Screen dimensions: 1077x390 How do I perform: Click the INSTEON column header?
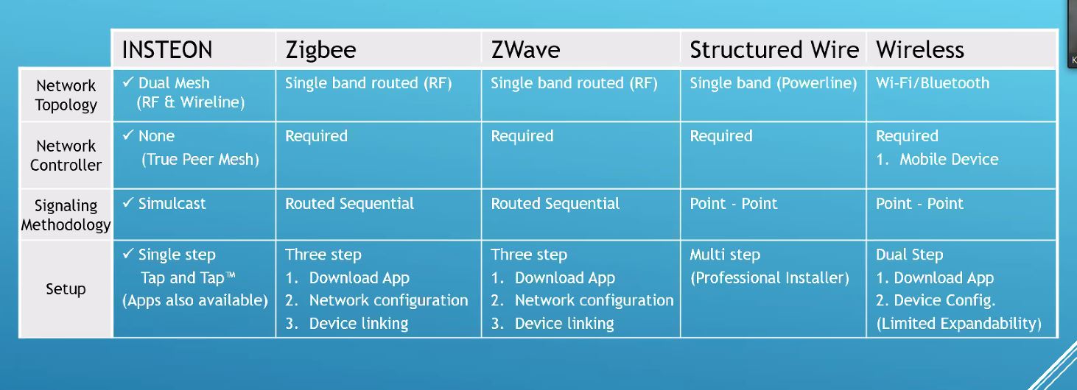(166, 50)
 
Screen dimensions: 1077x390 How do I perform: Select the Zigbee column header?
(320, 50)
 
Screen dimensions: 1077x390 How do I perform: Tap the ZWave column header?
(525, 50)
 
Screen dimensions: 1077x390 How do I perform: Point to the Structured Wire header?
(774, 50)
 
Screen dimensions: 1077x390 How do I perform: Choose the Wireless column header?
(920, 50)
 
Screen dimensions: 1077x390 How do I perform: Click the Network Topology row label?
(66, 95)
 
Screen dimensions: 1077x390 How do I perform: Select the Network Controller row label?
(66, 155)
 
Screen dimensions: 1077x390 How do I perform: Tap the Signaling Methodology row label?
(66, 215)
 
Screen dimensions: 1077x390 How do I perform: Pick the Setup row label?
(66, 289)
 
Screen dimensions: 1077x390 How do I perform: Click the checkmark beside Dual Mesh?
(128, 82)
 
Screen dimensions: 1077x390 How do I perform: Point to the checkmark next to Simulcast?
(128, 202)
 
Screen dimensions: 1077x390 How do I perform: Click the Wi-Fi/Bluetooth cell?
(933, 83)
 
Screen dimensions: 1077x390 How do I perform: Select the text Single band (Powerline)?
(773, 83)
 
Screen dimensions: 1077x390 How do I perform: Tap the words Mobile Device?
(949, 159)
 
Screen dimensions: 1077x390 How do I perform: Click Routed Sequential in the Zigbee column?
(349, 204)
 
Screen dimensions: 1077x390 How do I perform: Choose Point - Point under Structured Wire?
(733, 204)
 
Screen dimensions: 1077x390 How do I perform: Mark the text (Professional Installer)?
(769, 277)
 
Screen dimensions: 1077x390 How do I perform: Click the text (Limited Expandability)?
(958, 323)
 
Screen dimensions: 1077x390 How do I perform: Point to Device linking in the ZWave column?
(564, 323)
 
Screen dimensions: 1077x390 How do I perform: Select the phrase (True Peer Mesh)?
(200, 159)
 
